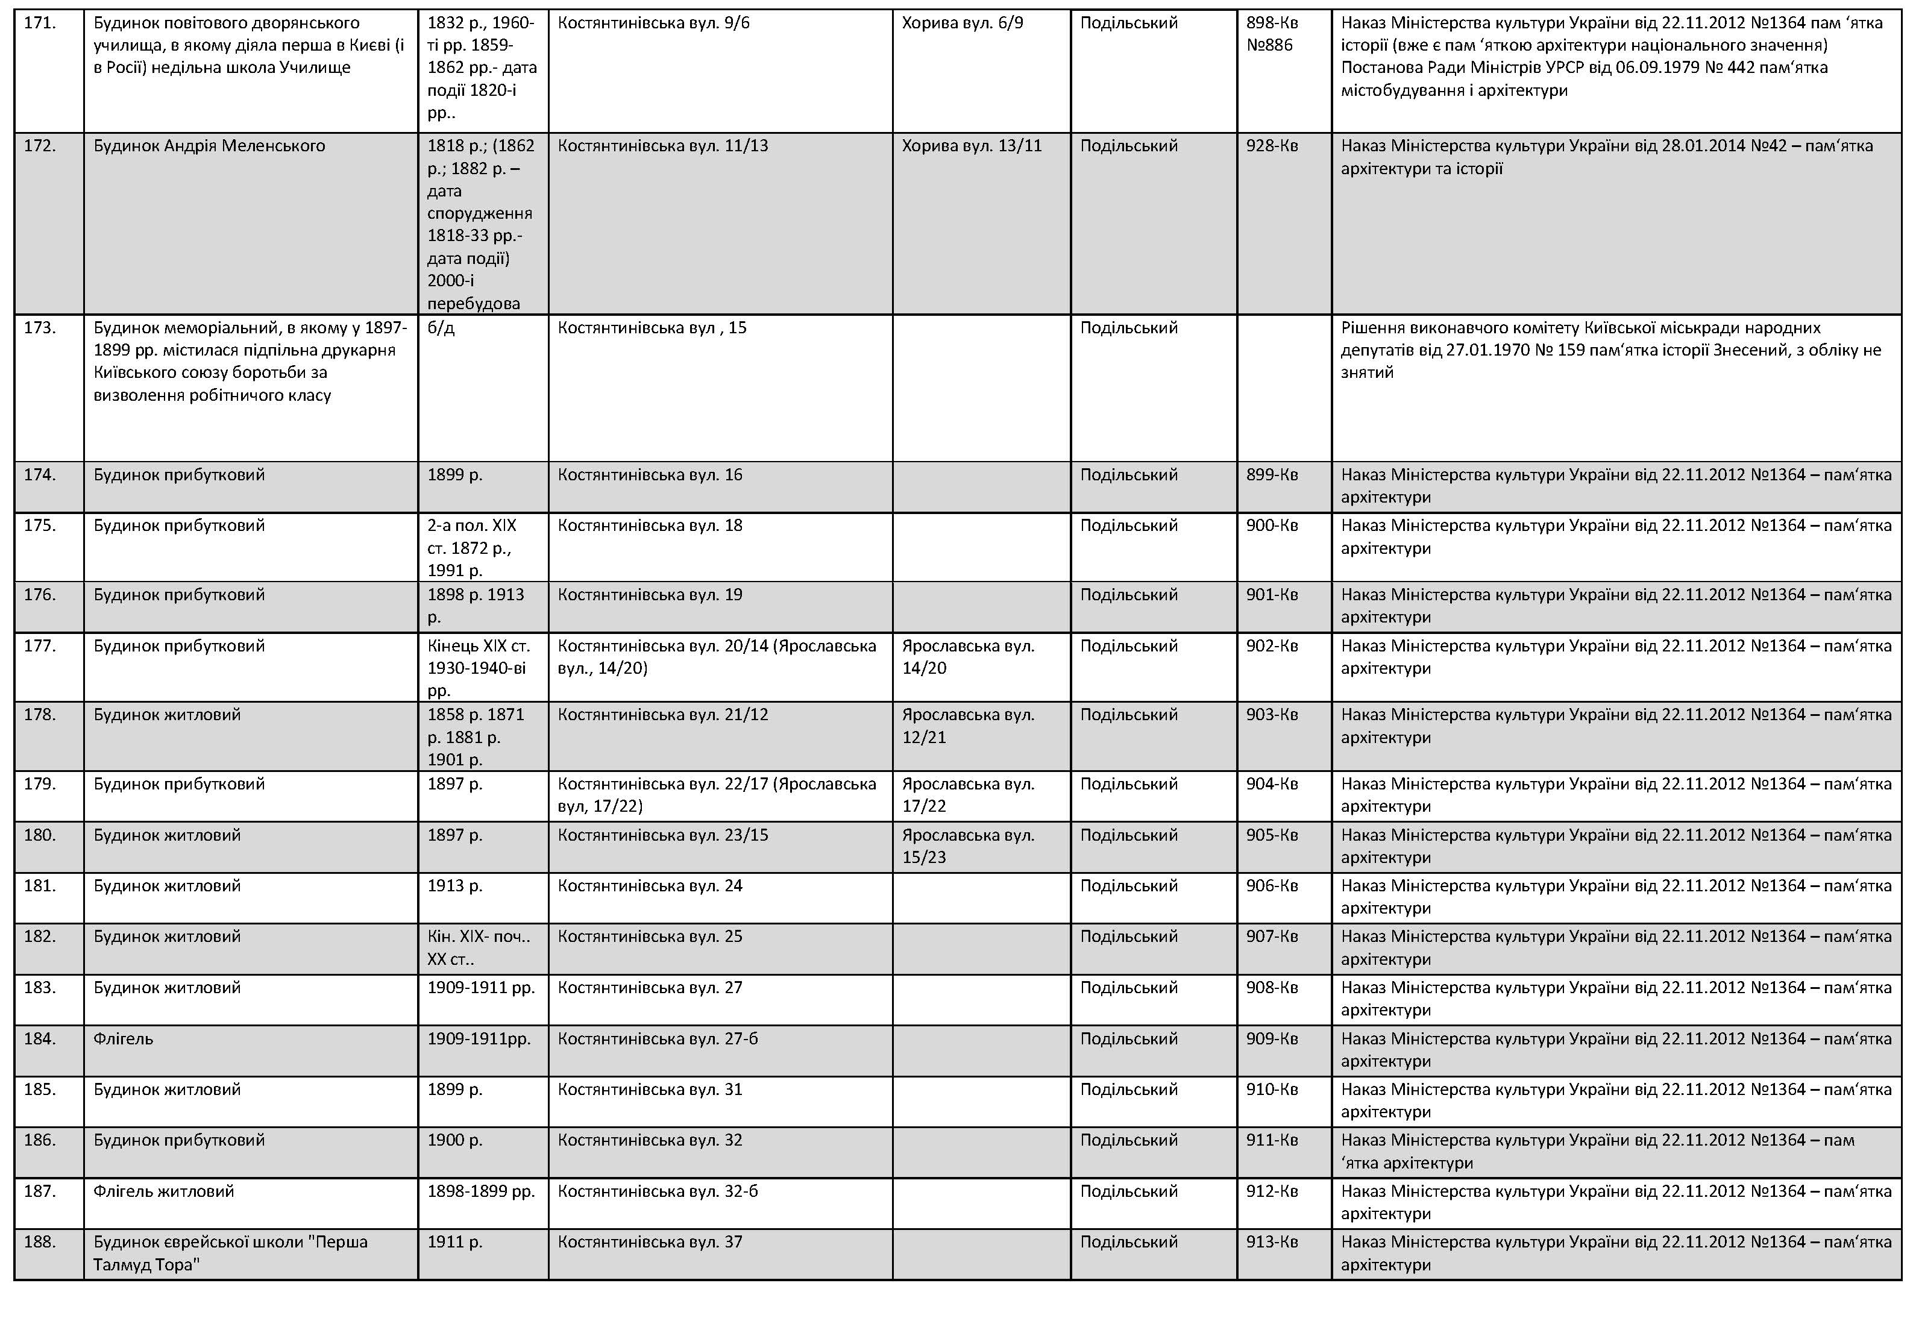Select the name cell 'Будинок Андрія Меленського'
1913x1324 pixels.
tap(209, 146)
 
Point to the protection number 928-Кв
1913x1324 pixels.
tap(1271, 146)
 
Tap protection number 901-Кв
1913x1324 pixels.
tap(1271, 595)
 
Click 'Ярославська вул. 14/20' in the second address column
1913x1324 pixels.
tap(967, 657)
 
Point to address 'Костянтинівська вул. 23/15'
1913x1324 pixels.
tap(662, 835)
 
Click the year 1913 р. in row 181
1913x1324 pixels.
tap(454, 886)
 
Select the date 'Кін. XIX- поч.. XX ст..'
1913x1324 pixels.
tap(478, 947)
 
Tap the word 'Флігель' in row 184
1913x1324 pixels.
tap(123, 1038)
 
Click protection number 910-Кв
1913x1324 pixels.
tap(1271, 1089)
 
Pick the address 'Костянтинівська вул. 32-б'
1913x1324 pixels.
tap(657, 1191)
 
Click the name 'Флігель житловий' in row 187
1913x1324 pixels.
tap(163, 1191)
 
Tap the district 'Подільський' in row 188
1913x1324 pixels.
tap(1128, 1242)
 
